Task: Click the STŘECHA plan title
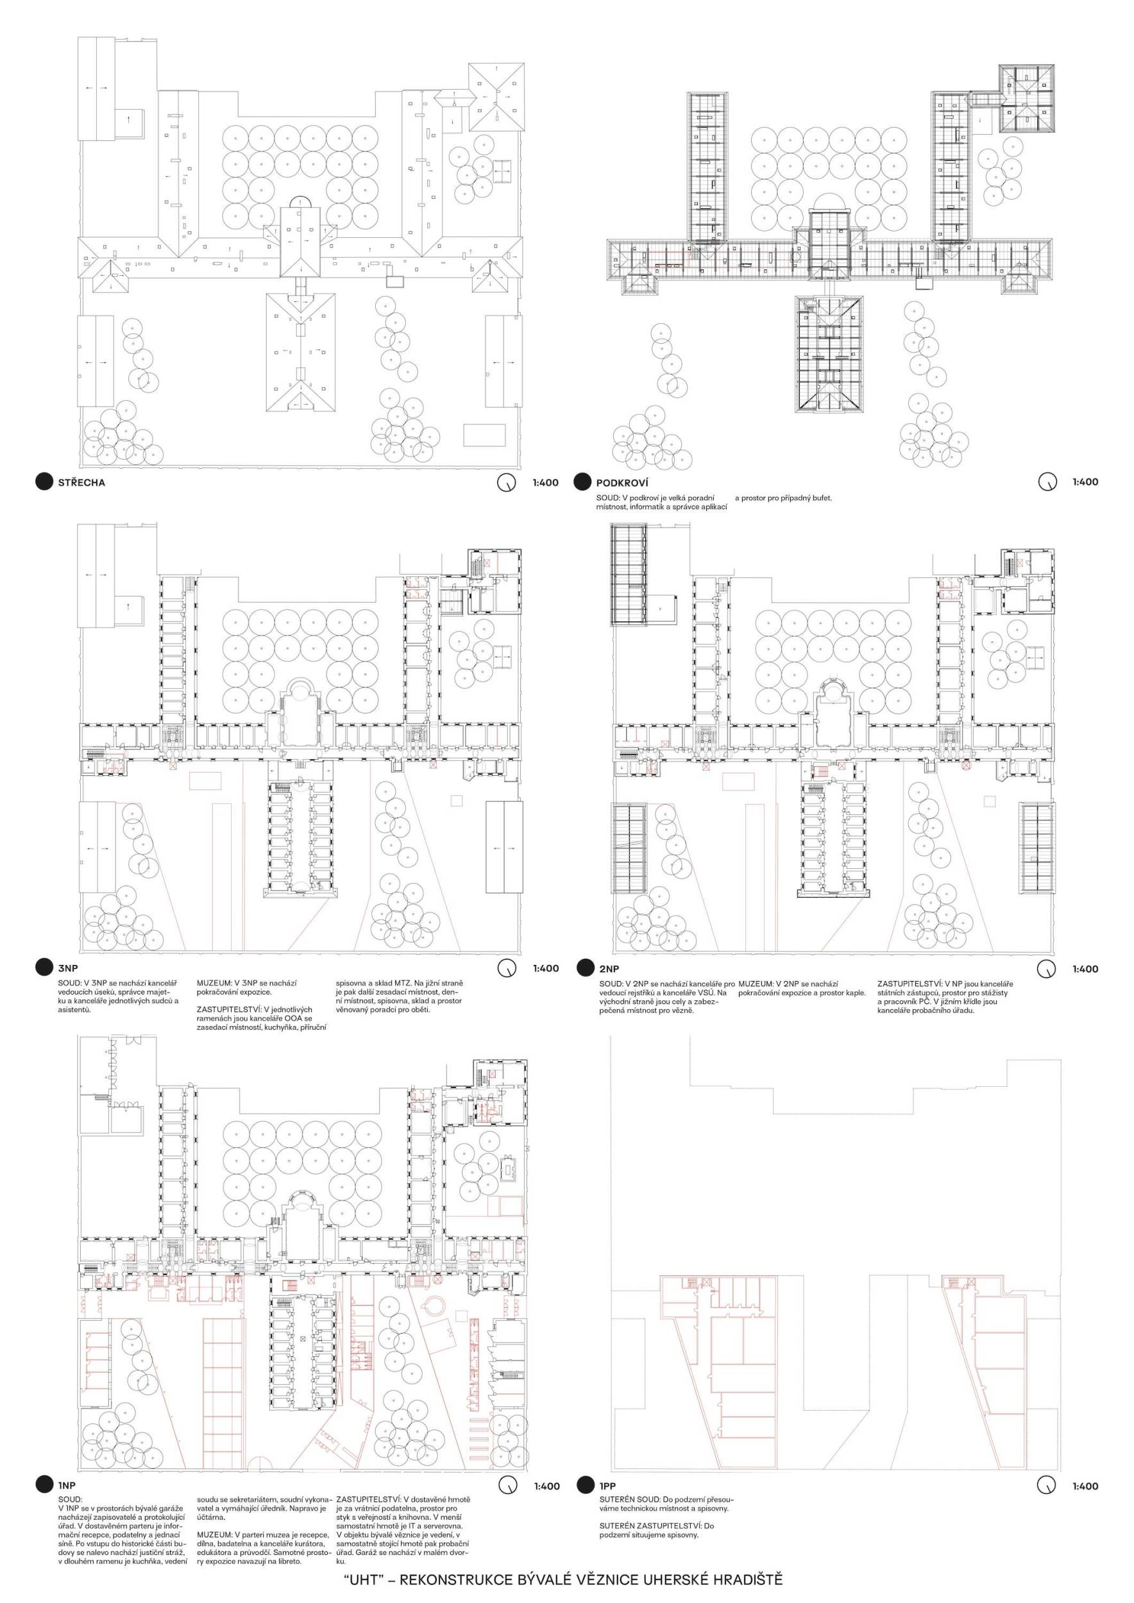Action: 81,482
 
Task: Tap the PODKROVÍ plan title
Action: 622,482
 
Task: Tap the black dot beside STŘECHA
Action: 44,482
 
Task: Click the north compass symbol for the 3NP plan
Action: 506,968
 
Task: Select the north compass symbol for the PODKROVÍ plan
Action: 1046,482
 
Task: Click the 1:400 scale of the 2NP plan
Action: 1085,968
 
